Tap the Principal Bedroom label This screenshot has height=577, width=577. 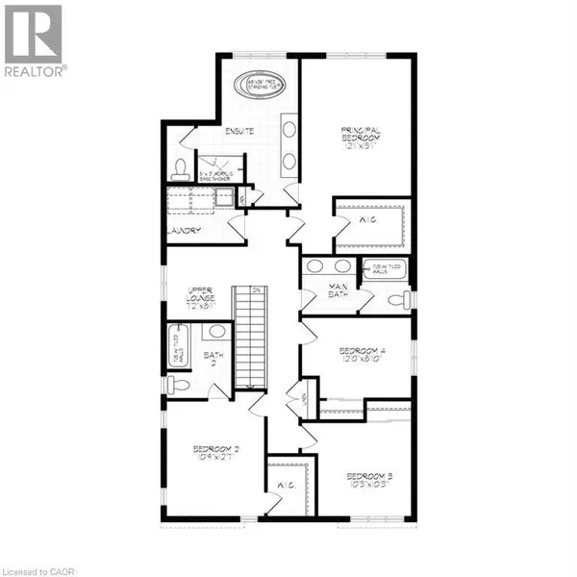click(361, 138)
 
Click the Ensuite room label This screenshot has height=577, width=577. click(238, 131)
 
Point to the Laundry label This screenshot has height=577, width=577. click(183, 231)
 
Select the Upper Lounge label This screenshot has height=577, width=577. click(199, 295)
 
